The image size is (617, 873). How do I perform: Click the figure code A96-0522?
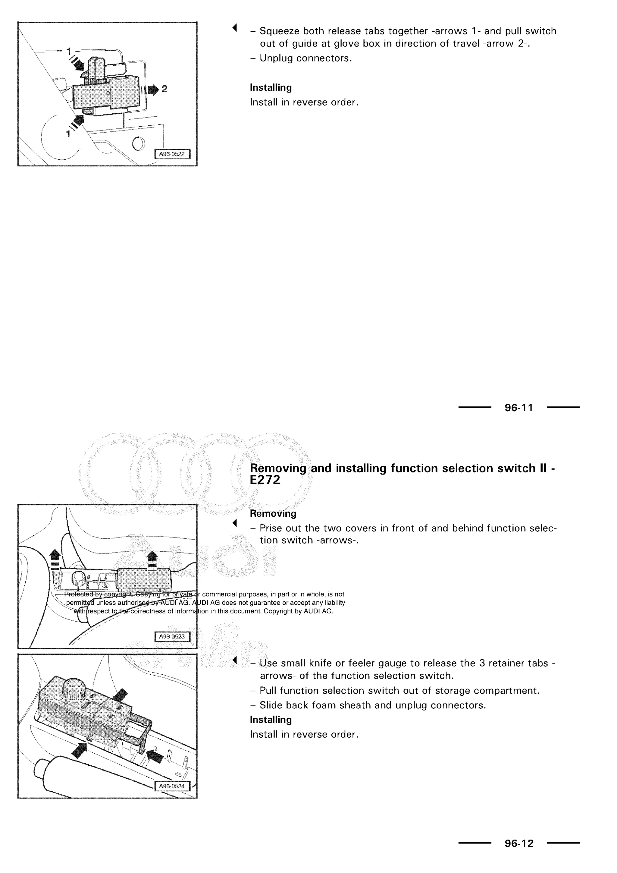(x=172, y=154)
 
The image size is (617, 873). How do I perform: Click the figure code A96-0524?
(x=172, y=786)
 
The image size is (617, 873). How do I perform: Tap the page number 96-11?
(x=518, y=408)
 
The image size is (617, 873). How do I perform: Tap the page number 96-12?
(x=518, y=843)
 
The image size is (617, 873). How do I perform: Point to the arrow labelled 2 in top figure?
(x=153, y=90)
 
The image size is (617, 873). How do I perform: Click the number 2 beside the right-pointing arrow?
(x=164, y=89)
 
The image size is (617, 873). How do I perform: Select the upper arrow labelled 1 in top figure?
(x=78, y=64)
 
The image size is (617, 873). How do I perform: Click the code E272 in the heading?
(x=265, y=480)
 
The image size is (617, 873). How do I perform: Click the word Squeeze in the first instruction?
(x=279, y=31)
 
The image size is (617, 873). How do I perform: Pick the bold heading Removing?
(x=273, y=513)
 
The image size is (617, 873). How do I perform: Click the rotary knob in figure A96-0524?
(x=73, y=687)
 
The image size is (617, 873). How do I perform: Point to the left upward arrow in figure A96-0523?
(x=55, y=557)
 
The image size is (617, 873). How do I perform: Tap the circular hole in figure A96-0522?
(x=139, y=144)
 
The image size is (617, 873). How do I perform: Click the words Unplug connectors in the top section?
(x=305, y=58)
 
